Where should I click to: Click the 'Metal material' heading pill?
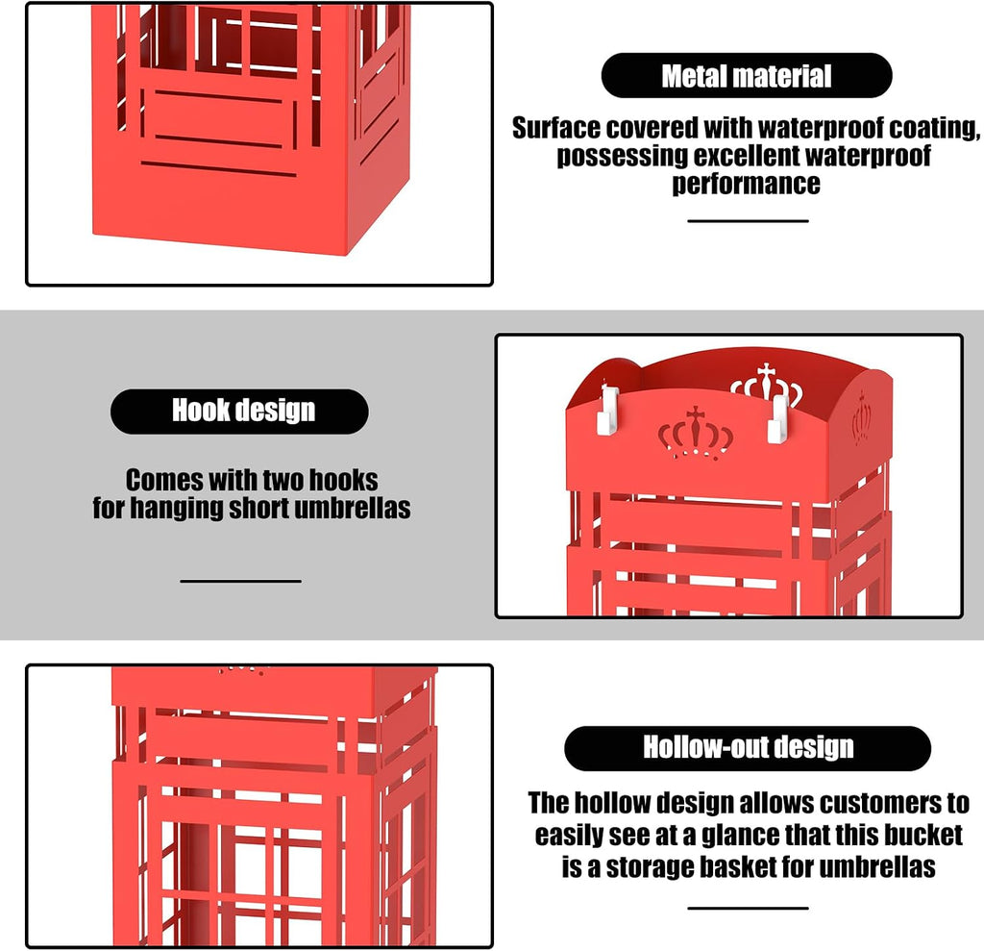tap(746, 75)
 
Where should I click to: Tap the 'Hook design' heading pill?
tap(239, 412)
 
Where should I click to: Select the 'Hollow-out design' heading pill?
tap(748, 748)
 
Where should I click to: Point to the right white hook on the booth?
tap(778, 419)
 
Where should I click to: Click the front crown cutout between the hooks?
tap(696, 433)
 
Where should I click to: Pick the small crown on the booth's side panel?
tap(862, 416)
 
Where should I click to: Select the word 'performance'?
tap(746, 184)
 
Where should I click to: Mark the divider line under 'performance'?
tap(748, 221)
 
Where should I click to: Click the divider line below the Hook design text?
tap(240, 581)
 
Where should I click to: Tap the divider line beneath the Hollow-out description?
tap(748, 909)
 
